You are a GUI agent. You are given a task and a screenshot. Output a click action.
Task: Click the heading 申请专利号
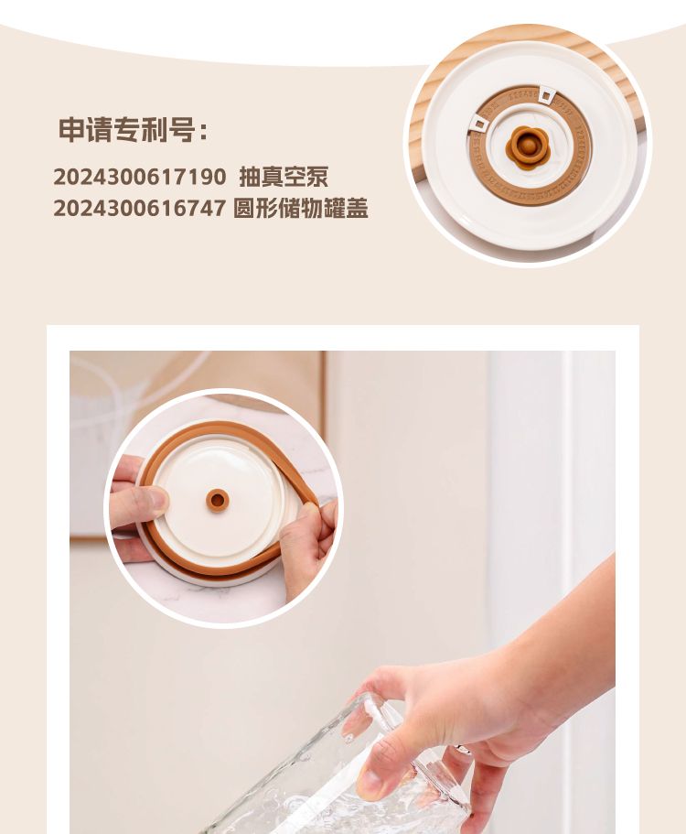tap(126, 129)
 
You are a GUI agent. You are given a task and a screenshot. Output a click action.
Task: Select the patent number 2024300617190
tap(140, 177)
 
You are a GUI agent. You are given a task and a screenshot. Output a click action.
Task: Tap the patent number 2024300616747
tap(140, 208)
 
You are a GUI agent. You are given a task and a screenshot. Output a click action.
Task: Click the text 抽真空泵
tap(284, 177)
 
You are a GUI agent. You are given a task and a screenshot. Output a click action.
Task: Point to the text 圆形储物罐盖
tap(301, 208)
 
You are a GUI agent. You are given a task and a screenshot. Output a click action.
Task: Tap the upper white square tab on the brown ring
tap(546, 95)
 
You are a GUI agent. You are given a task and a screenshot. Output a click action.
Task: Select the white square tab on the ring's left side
tap(477, 125)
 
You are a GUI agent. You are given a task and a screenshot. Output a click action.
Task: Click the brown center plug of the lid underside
tap(218, 500)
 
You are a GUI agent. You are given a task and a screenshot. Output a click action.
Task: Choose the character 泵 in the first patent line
tap(317, 177)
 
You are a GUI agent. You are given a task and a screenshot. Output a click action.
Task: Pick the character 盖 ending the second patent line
tap(357, 208)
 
